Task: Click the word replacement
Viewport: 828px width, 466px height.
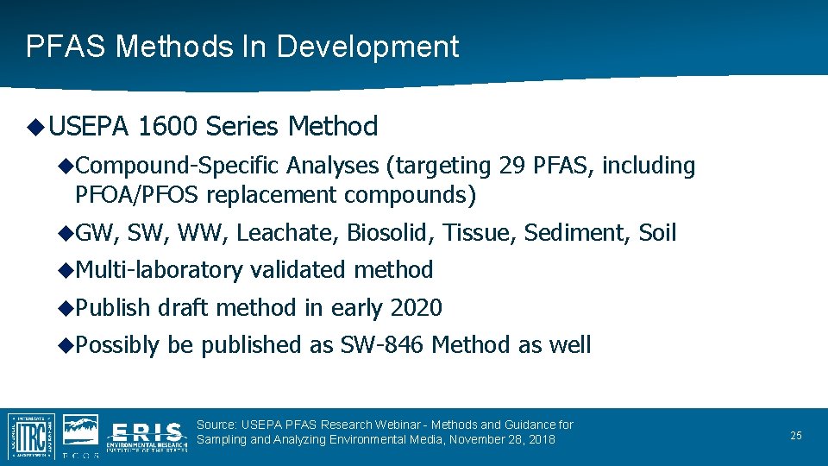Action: point(272,195)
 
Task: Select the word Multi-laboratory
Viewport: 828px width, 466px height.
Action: point(159,270)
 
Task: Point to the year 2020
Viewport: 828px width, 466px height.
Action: point(416,308)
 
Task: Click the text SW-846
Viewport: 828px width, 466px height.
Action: point(382,345)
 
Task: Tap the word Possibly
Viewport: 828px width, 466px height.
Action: point(117,345)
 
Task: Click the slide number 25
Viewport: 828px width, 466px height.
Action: point(796,436)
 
